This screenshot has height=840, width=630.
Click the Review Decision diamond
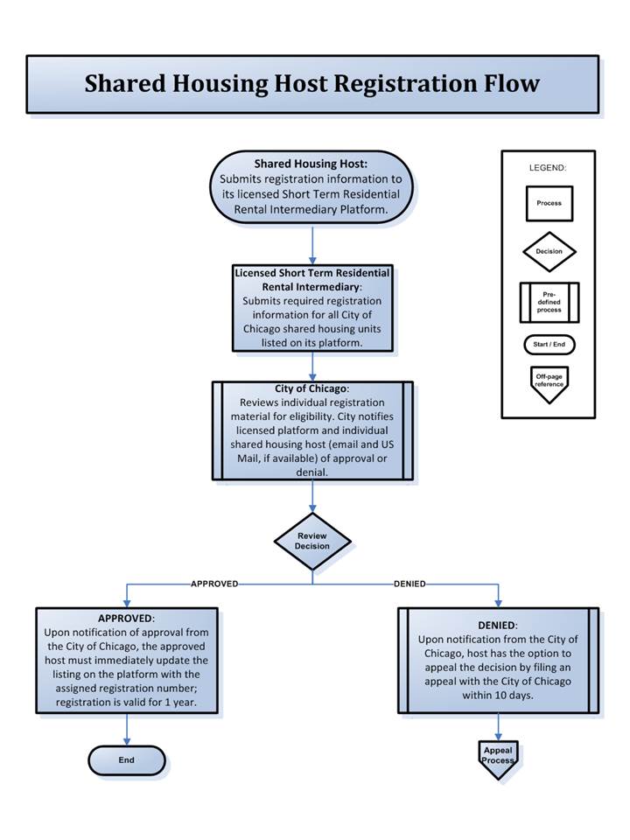click(312, 541)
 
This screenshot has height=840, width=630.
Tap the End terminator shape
click(127, 760)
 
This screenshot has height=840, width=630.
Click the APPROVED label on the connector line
click(214, 584)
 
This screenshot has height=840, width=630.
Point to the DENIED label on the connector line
click(409, 584)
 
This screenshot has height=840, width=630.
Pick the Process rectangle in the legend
click(549, 204)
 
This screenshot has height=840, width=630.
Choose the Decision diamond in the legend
click(549, 251)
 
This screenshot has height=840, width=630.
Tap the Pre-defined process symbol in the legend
click(549, 302)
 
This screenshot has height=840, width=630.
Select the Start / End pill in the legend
click(549, 345)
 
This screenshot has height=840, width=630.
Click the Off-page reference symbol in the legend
click(549, 384)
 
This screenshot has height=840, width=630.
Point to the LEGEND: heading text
click(548, 168)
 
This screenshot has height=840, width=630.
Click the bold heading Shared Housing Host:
click(311, 164)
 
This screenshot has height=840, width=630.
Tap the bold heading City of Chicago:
click(311, 388)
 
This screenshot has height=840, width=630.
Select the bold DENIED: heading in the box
click(498, 626)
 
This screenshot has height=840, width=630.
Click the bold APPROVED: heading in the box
click(126, 619)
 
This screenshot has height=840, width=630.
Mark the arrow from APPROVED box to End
click(127, 730)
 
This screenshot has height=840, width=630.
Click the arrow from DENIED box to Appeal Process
click(498, 727)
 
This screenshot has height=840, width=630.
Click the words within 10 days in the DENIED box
click(498, 696)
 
